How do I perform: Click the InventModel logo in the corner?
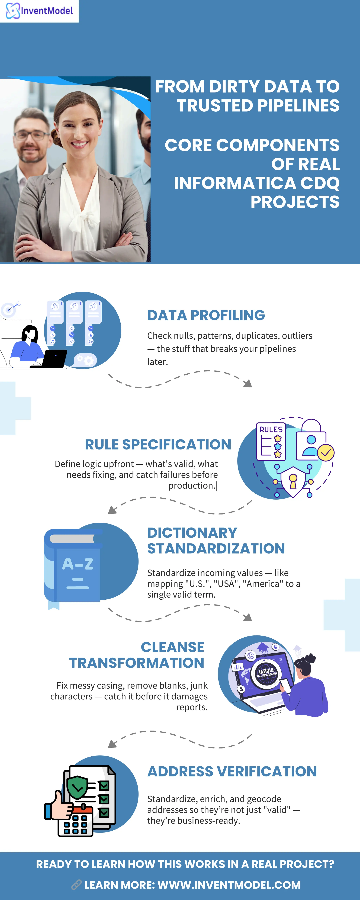click(x=39, y=11)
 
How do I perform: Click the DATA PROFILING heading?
click(x=206, y=315)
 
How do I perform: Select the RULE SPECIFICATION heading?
click(x=158, y=444)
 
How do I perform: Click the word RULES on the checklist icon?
click(x=271, y=429)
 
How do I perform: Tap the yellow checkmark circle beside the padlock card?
click(x=326, y=453)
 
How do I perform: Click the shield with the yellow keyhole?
click(x=293, y=481)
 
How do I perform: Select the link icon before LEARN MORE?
click(x=76, y=885)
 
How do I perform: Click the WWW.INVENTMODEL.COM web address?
click(x=229, y=885)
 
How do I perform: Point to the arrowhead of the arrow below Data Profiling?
click(x=248, y=384)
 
